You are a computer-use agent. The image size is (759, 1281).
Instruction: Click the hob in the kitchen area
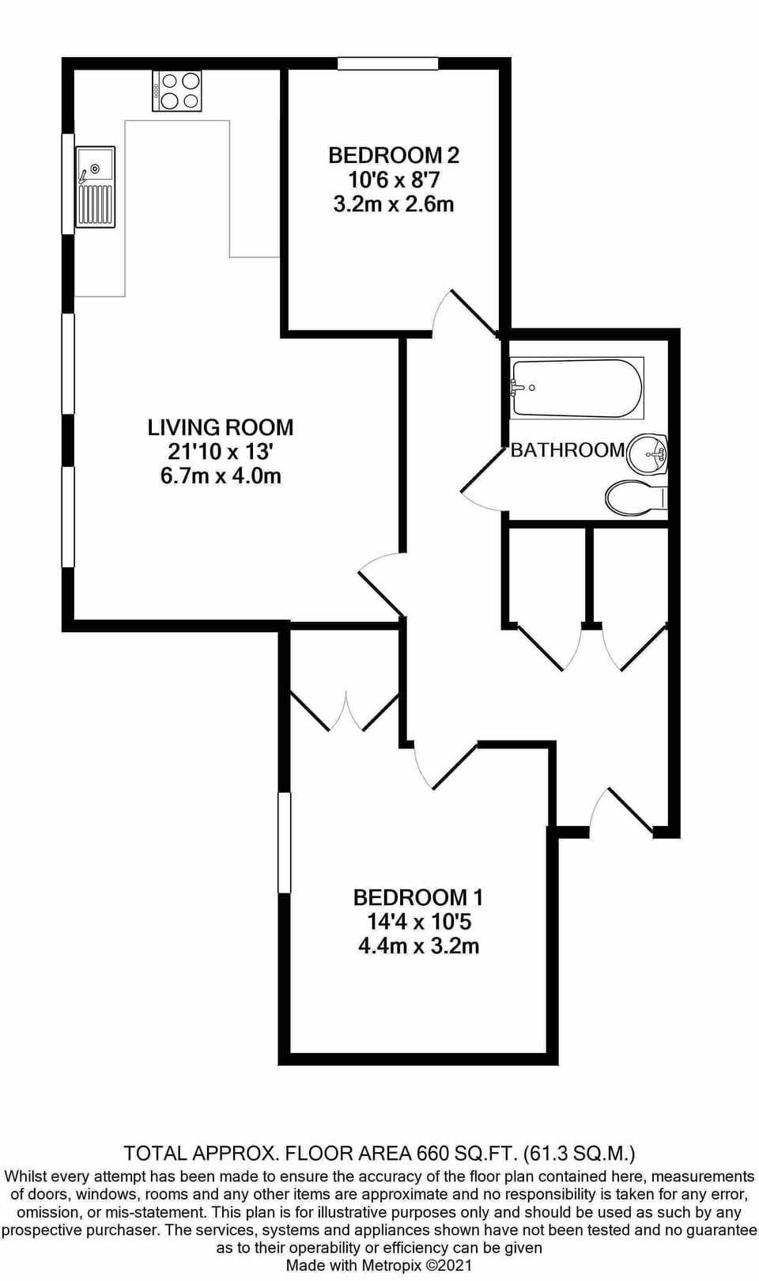coord(177,91)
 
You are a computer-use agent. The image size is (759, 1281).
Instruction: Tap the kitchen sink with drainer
coord(95,187)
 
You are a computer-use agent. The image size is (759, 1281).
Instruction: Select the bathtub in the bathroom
coord(577,388)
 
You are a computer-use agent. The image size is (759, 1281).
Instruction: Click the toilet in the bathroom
coord(636,498)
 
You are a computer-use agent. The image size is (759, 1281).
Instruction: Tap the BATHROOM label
coord(568,450)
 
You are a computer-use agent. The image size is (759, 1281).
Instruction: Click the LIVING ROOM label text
coord(221,427)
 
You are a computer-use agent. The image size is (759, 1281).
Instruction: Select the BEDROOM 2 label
coord(394,155)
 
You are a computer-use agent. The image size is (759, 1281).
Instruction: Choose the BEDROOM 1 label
coord(418,897)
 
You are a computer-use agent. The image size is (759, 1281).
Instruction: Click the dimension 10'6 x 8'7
coord(394,180)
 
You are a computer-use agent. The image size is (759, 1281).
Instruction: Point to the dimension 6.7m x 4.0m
coord(221,476)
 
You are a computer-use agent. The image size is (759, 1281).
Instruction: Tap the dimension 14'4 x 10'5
coord(418,922)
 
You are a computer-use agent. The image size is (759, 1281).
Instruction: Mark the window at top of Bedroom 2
coord(387,64)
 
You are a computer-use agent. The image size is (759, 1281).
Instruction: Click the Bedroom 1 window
coord(285,843)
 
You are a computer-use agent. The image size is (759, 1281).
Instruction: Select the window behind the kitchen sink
coord(68,184)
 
